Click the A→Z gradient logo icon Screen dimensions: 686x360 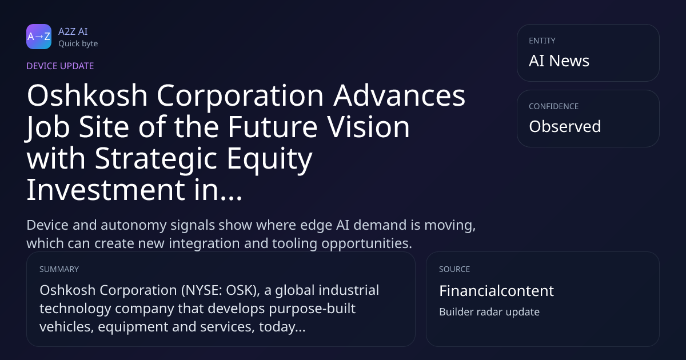pos(39,37)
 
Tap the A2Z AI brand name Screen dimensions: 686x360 pos(73,31)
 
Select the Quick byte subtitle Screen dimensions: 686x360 pos(78,44)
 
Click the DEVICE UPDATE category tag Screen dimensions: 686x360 pos(60,66)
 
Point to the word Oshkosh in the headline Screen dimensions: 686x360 pos(87,95)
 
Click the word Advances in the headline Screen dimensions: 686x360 pos(400,95)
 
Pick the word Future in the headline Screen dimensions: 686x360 pos(273,127)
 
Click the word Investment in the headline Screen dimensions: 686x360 pos(106,190)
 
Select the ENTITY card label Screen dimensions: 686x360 pos(542,41)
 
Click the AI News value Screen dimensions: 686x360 pos(559,61)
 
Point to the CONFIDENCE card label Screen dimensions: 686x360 pos(554,106)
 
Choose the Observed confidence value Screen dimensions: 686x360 pos(565,126)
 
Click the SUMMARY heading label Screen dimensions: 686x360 pos(59,269)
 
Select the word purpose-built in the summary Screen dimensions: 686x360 pos(312,309)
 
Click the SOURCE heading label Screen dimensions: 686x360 pos(454,269)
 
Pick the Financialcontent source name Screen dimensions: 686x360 pos(496,290)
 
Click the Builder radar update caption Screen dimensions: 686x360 pos(489,312)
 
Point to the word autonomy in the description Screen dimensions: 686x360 pos(133,226)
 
